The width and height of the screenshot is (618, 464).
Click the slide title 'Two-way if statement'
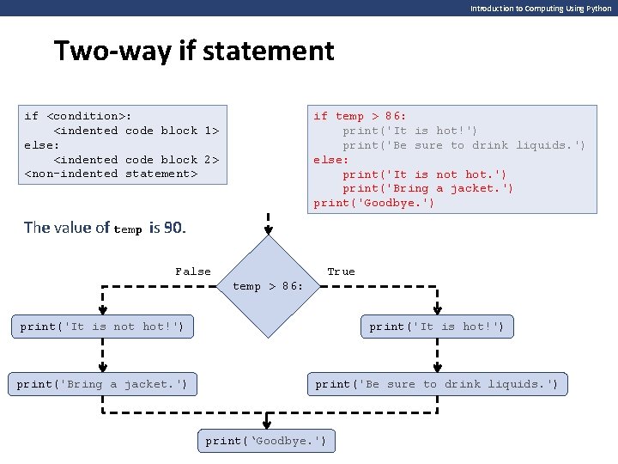[x=193, y=51]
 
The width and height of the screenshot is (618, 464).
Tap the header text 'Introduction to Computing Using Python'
[x=541, y=8]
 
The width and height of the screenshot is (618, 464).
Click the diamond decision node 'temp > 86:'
[x=269, y=285]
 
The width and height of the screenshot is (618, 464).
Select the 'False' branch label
[x=192, y=272]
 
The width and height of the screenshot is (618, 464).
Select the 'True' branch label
[x=341, y=272]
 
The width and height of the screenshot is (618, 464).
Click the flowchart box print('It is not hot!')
[x=102, y=327]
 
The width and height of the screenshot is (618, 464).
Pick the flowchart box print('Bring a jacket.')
[x=102, y=384]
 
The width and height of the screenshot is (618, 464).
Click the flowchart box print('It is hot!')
[x=436, y=327]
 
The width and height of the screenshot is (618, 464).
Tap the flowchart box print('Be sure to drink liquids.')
[x=436, y=384]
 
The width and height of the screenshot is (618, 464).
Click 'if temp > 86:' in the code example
[x=360, y=116]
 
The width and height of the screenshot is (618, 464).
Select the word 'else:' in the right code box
[x=330, y=160]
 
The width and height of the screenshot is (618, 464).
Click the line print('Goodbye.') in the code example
[x=373, y=203]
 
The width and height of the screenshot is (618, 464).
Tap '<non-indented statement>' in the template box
[x=111, y=174]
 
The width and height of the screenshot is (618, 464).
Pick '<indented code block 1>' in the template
[x=136, y=131]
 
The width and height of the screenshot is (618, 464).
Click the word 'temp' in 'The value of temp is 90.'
[x=128, y=229]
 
